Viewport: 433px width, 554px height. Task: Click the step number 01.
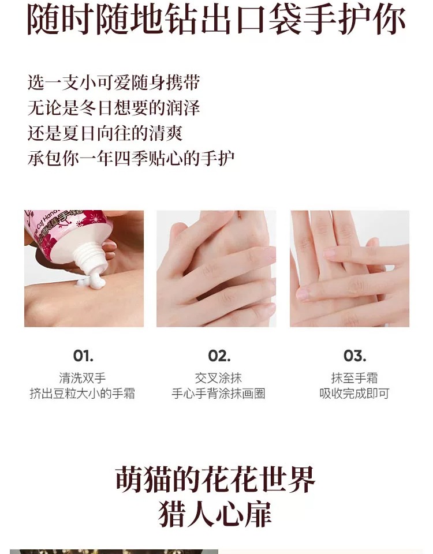83,355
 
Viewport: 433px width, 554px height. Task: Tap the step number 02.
219,355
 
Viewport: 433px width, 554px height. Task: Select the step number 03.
354,355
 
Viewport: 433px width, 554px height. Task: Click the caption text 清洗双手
83,379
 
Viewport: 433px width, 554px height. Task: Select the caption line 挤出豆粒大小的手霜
83,394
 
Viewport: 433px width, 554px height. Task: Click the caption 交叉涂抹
218,379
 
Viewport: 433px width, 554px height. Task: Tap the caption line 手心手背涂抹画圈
218,394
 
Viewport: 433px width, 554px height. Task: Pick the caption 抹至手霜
354,379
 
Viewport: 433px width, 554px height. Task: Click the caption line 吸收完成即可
354,394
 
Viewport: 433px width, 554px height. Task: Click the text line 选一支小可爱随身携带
114,82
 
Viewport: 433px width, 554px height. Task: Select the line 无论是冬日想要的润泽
114,107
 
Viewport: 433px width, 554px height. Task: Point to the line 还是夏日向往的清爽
105,133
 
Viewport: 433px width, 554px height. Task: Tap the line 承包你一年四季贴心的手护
131,158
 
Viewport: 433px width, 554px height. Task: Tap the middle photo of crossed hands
216,268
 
